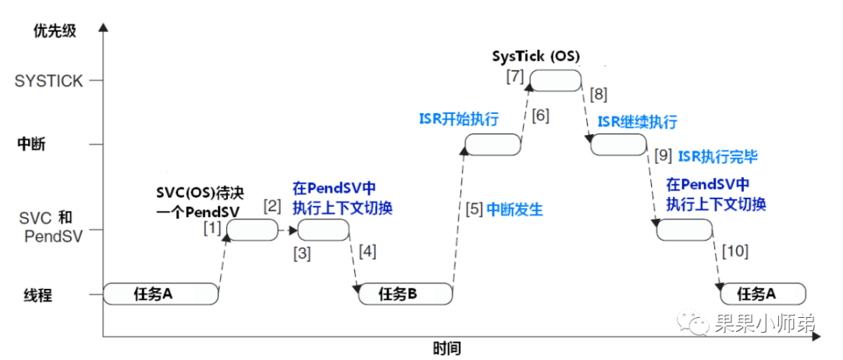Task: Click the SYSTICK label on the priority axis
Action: tap(48, 81)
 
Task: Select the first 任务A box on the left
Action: tap(161, 294)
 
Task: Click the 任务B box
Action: tap(405, 294)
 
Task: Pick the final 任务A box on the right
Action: tap(762, 294)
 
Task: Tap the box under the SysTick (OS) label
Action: tap(556, 80)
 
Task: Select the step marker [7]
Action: tap(514, 77)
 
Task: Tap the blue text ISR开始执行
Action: tap(459, 119)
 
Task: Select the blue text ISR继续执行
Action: tap(638, 122)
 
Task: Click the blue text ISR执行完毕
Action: tap(718, 156)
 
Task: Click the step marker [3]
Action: tap(303, 253)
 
